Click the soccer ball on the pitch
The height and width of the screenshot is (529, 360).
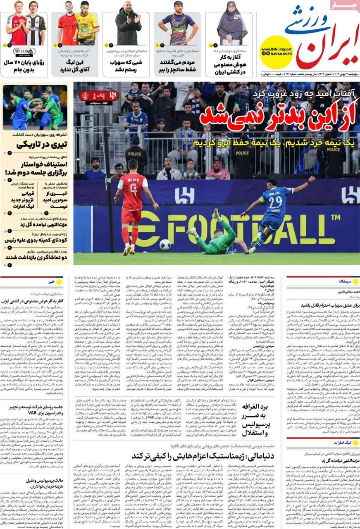coord(165,244)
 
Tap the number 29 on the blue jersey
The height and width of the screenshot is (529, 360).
coord(276,202)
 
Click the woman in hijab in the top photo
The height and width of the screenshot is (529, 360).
coord(232,27)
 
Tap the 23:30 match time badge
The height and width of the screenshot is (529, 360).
coord(24,51)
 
